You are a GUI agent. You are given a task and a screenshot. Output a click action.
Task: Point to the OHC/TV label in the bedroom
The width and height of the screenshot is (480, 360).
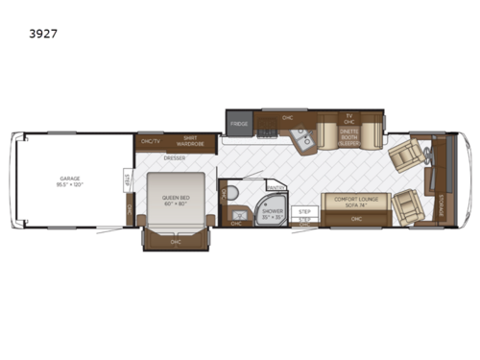[x=149, y=142]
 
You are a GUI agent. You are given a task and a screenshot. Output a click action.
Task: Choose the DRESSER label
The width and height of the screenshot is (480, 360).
[x=174, y=157]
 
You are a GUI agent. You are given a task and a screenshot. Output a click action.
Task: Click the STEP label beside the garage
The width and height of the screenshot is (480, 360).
[x=129, y=179]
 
